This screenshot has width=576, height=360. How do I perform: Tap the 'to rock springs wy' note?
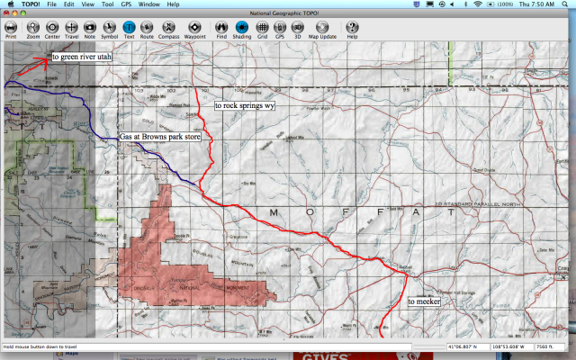pos(245,106)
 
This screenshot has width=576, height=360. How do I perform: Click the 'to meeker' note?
pos(424,302)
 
